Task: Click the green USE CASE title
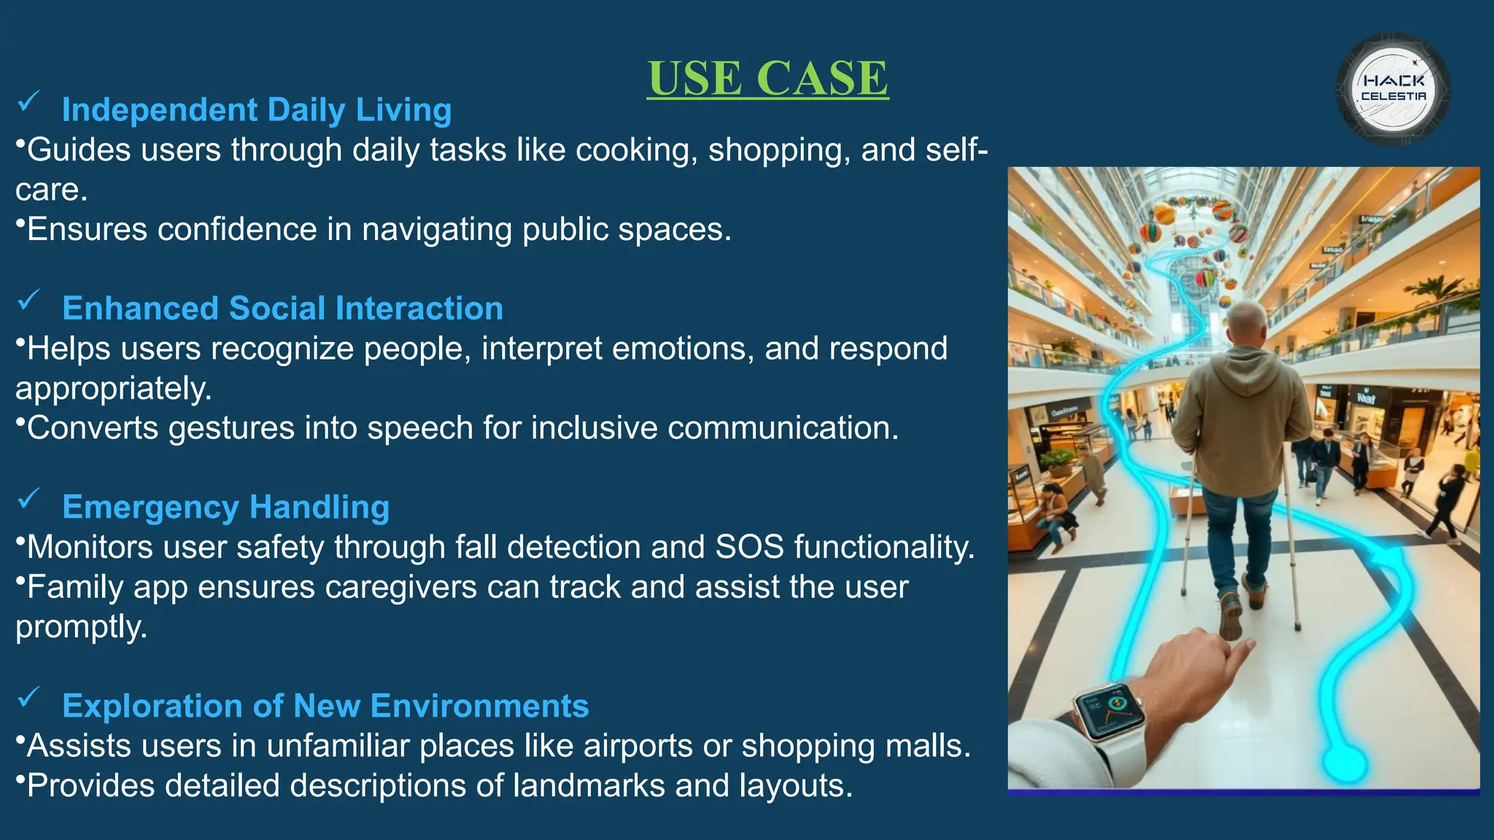tap(767, 78)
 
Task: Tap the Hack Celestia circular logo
tap(1393, 90)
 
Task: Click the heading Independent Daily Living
tap(257, 110)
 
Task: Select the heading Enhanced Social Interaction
tap(282, 308)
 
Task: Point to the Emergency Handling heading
tap(225, 507)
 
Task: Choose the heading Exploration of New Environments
tap(325, 706)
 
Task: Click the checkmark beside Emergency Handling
tap(28, 499)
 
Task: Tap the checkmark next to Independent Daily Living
tap(28, 101)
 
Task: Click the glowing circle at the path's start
tap(1344, 762)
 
